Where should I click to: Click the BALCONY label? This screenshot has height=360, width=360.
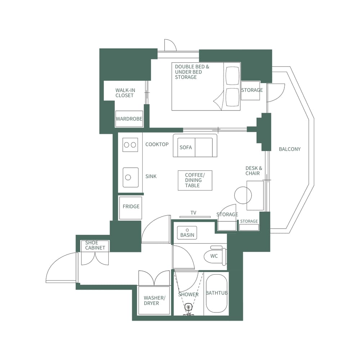289,149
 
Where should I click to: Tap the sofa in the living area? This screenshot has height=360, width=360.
195,146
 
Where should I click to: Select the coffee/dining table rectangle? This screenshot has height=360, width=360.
195,180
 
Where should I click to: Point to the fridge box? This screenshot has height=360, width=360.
131,208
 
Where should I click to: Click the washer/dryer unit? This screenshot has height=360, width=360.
154,301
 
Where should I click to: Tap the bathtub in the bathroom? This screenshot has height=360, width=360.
216,294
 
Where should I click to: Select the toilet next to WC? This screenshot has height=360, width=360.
215,256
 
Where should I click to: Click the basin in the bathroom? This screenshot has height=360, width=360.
187,233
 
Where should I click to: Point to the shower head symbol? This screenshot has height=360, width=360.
188,308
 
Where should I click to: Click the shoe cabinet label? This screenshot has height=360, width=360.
95,245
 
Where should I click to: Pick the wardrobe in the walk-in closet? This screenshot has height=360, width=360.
129,119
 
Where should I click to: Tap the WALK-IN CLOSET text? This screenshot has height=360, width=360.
125,93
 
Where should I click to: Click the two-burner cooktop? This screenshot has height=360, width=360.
130,145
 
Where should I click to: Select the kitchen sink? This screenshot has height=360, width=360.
130,177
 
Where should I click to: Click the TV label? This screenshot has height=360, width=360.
193,213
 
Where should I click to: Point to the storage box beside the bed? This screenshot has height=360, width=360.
252,90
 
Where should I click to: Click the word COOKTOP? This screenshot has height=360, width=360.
157,144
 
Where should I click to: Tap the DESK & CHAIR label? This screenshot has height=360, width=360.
254,171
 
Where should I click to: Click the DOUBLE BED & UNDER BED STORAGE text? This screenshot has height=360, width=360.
192,72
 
